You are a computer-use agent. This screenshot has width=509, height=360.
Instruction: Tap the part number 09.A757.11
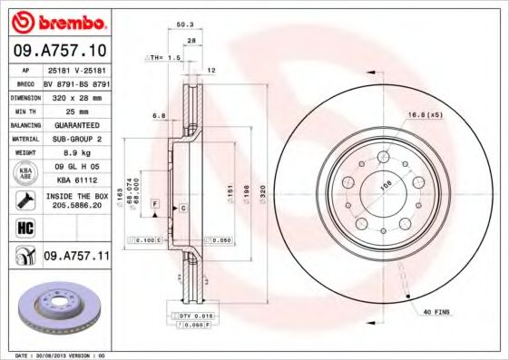[76, 257]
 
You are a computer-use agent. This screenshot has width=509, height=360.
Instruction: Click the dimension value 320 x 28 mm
[76, 95]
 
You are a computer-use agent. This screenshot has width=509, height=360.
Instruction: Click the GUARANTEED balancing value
[76, 124]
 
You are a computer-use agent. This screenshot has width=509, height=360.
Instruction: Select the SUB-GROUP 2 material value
[76, 139]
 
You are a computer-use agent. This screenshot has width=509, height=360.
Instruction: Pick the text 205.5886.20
[76, 207]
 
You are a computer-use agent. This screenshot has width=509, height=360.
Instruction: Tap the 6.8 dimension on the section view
[158, 115]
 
